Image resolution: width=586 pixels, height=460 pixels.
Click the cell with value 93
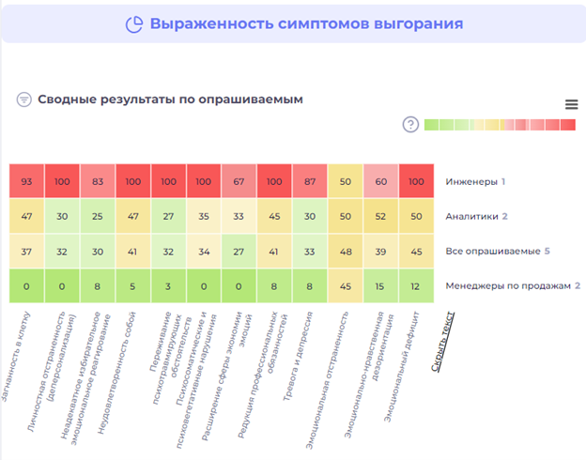click(26, 181)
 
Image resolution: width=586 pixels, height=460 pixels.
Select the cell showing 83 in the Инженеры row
click(98, 181)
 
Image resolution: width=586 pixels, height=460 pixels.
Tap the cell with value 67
click(239, 181)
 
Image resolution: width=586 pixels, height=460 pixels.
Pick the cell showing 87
click(309, 181)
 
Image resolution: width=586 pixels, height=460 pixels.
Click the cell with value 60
click(380, 181)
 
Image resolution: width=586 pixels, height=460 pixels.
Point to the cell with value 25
click(98, 216)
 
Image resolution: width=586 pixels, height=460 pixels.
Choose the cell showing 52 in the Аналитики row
click(380, 216)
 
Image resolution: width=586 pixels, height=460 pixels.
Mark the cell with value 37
click(26, 251)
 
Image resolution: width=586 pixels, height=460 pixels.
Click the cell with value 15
click(380, 285)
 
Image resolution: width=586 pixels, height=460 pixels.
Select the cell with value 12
click(416, 285)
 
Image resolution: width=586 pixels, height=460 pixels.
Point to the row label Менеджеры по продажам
click(511, 285)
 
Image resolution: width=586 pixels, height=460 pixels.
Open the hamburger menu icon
click(571, 104)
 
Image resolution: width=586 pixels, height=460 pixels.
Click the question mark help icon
click(410, 125)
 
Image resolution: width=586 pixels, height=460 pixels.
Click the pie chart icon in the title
click(135, 23)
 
